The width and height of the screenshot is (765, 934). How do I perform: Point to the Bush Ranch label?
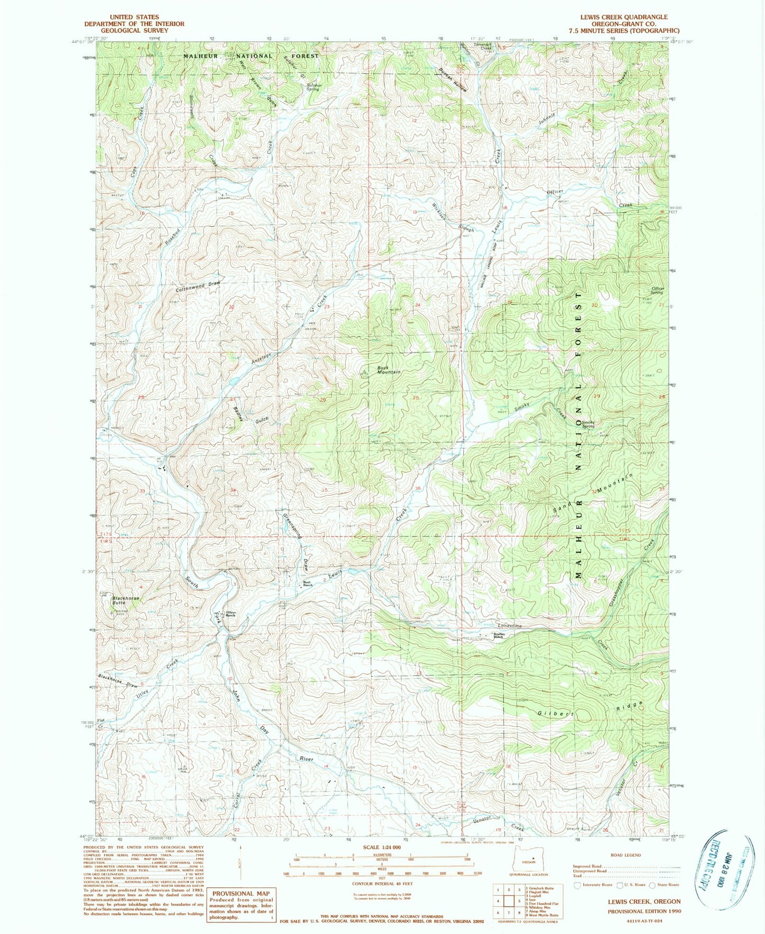point(307,584)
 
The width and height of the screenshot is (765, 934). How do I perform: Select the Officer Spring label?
point(657,290)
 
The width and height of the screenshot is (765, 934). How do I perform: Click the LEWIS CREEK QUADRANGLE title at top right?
point(624,17)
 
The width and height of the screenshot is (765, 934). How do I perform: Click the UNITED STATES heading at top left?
point(134,17)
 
